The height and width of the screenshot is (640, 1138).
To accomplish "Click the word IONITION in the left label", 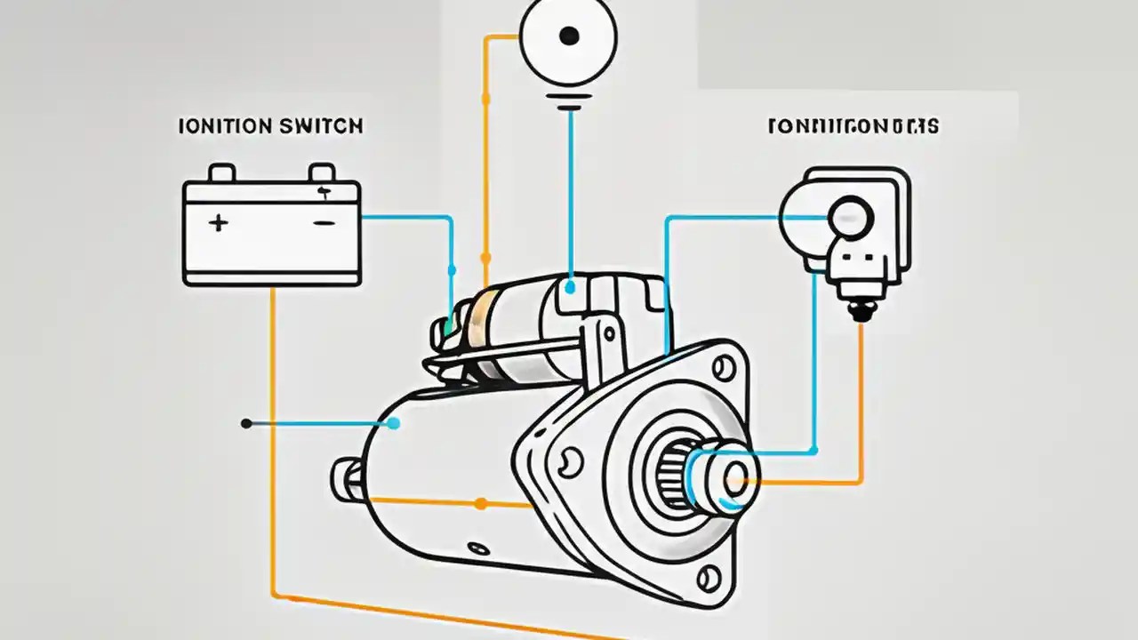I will point(225,126).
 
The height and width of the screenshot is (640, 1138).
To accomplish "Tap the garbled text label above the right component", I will point(853,126).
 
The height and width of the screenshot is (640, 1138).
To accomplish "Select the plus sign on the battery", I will point(218,223).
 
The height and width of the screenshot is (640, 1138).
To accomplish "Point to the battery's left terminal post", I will point(221,172).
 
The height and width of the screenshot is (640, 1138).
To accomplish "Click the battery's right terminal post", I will point(321,172).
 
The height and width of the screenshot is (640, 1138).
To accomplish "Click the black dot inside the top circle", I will point(569,36).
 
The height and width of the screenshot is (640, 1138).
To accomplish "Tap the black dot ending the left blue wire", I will point(246,424).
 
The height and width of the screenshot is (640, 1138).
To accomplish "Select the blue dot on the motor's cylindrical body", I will point(393,424).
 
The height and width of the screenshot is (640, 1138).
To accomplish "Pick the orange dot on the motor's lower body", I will point(480,504).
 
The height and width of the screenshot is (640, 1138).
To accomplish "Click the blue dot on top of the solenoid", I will point(569,287).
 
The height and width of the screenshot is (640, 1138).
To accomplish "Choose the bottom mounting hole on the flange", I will point(708,580).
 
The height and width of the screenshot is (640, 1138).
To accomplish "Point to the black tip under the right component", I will point(859,312).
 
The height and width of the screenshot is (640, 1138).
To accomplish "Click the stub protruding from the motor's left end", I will point(345,479).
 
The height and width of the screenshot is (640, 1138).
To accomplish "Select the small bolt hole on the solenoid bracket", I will point(609,332).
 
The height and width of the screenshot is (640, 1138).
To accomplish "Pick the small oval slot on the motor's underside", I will point(478,548).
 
